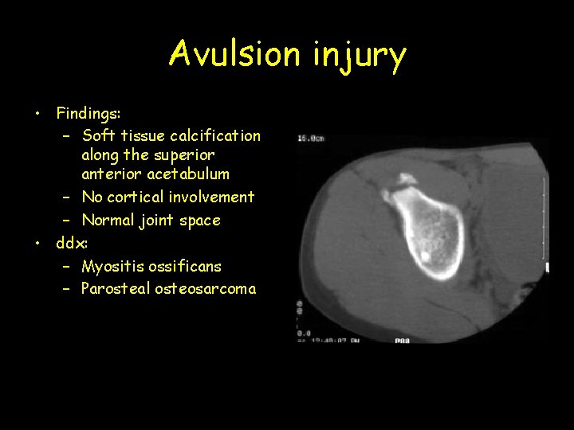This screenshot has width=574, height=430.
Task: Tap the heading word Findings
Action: point(88,113)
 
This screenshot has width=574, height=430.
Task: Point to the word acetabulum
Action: point(188,174)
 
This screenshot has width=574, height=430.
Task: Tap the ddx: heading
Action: point(71,243)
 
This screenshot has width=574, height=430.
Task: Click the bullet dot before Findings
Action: point(37,114)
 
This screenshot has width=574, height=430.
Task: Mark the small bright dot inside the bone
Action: point(425,256)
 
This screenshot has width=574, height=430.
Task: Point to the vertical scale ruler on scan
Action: point(545,223)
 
